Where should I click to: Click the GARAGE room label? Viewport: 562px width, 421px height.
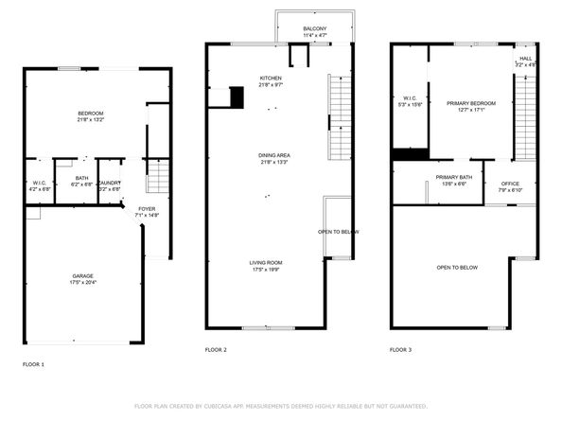tap(83, 276)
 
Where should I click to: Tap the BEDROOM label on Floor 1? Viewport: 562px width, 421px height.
tap(91, 114)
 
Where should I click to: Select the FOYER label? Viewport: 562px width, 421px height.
tap(147, 209)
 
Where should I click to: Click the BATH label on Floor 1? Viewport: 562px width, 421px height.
tap(81, 179)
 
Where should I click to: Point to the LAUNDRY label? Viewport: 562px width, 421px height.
tap(110, 183)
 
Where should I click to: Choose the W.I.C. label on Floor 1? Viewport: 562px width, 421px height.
tap(39, 184)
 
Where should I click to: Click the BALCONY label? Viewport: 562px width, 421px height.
tap(315, 29)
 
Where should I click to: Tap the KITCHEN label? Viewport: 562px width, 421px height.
tap(271, 78)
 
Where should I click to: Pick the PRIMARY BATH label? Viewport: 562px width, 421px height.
tap(454, 177)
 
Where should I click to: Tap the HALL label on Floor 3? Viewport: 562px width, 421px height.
tap(525, 59)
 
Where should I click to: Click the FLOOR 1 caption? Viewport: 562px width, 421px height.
tap(33, 363)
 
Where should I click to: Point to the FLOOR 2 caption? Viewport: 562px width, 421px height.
tap(216, 350)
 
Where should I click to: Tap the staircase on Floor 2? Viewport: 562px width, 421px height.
tap(340, 118)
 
